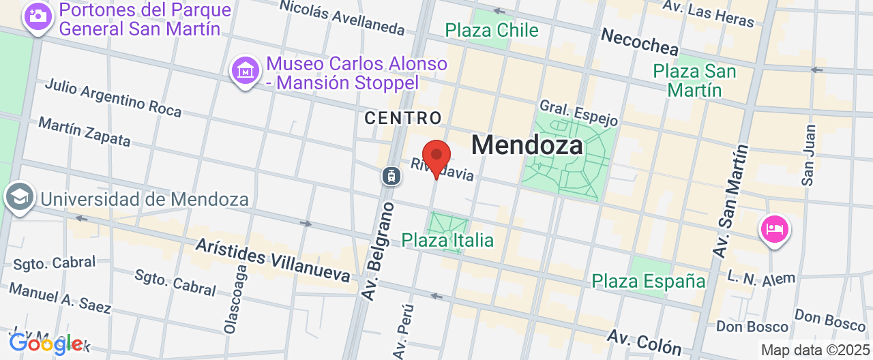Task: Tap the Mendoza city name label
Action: tap(527, 145)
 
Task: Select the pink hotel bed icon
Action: tap(774, 228)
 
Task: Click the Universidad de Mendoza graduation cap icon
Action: tap(19, 198)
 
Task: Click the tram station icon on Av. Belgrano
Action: tap(391, 176)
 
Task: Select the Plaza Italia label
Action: tap(447, 240)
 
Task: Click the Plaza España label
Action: tap(648, 281)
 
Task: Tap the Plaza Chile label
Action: tap(492, 31)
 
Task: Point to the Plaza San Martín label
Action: tap(694, 80)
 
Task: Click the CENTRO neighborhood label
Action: tap(403, 118)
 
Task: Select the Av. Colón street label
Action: tap(645, 343)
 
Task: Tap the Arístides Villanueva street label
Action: tap(273, 260)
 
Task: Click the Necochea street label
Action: tap(640, 42)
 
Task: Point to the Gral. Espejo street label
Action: tap(578, 113)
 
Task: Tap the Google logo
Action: tap(45, 344)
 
